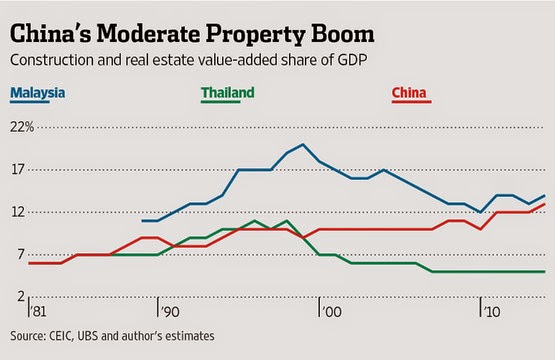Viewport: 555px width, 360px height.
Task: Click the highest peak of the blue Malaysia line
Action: tap(303, 144)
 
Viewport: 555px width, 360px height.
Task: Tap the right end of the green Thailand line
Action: tap(544, 271)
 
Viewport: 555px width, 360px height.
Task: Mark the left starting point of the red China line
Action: tap(30, 263)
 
